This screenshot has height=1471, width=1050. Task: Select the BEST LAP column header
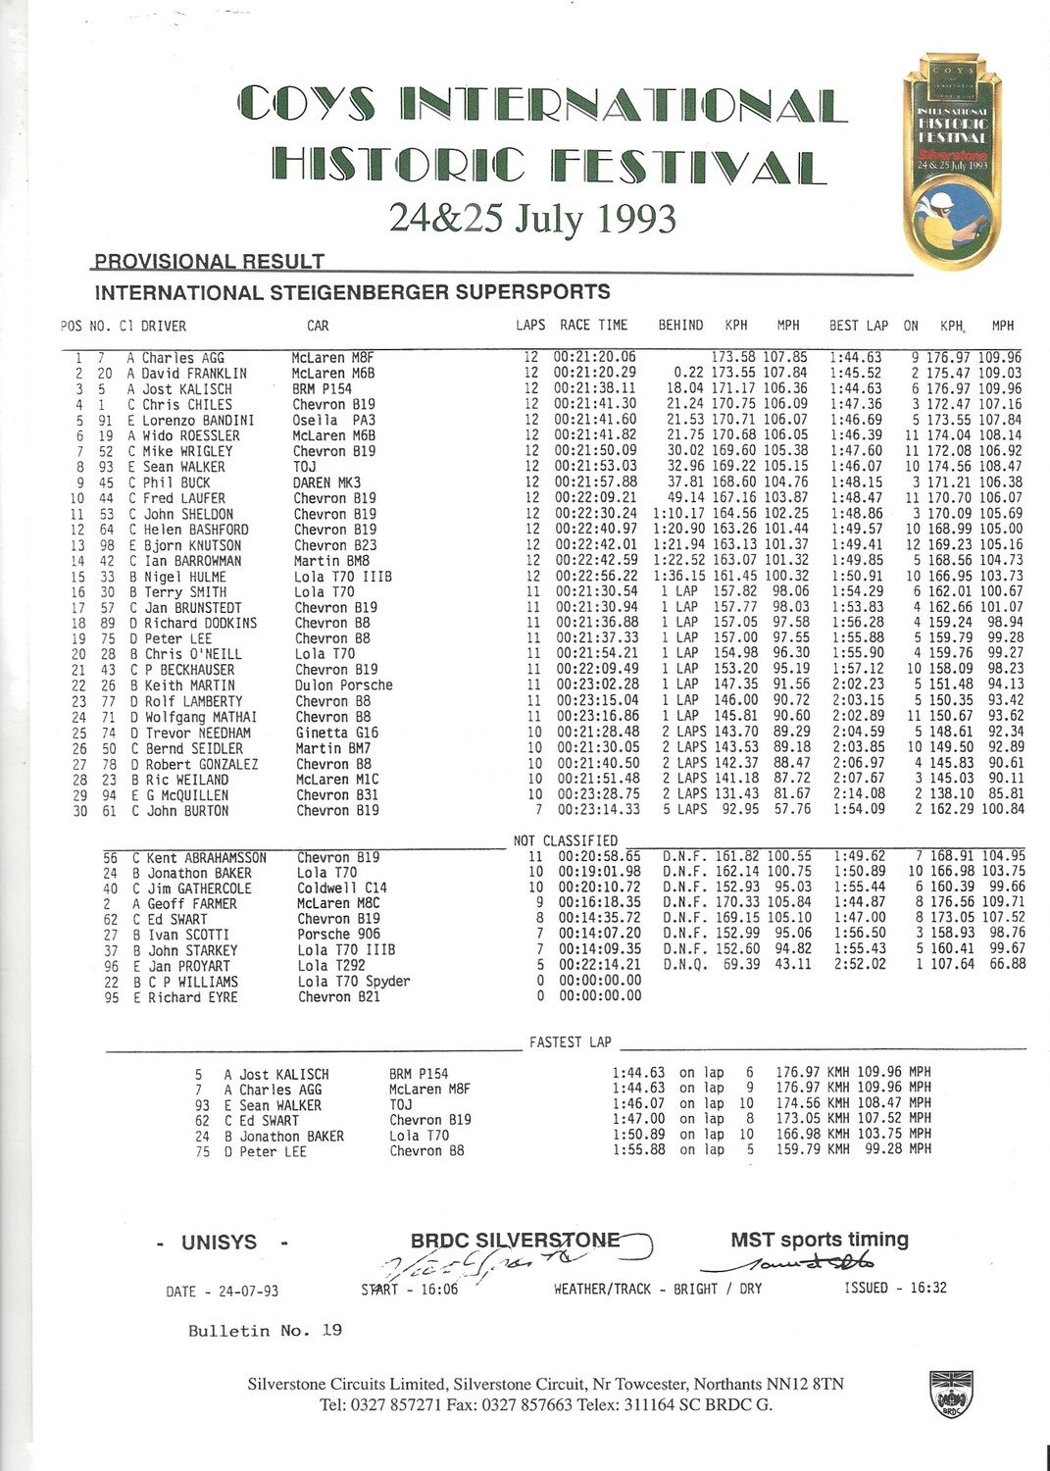[x=858, y=326]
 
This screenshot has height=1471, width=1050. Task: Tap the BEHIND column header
[x=680, y=326]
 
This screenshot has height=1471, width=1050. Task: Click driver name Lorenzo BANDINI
[x=199, y=421]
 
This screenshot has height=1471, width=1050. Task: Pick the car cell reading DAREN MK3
[x=326, y=482]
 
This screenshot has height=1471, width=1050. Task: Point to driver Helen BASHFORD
[x=195, y=530]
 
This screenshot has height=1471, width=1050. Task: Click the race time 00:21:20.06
[x=595, y=358]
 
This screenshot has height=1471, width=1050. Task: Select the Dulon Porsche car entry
[x=343, y=685]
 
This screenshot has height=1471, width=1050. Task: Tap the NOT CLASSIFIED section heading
[x=566, y=840]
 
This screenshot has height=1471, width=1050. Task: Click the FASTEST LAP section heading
[x=570, y=1042]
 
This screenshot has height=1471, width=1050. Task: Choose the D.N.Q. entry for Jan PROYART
[x=682, y=965]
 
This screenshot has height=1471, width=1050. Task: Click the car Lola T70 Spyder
[x=354, y=982]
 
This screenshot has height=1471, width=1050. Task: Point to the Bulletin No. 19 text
[x=265, y=1331]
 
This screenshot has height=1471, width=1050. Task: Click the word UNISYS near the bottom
[x=219, y=1243]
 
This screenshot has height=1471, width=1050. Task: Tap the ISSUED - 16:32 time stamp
[x=895, y=1288]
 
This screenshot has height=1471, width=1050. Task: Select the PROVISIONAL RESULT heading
[x=209, y=262]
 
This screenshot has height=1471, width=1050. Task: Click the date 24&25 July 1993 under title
[x=532, y=219]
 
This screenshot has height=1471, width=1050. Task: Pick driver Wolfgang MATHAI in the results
[x=201, y=717]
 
